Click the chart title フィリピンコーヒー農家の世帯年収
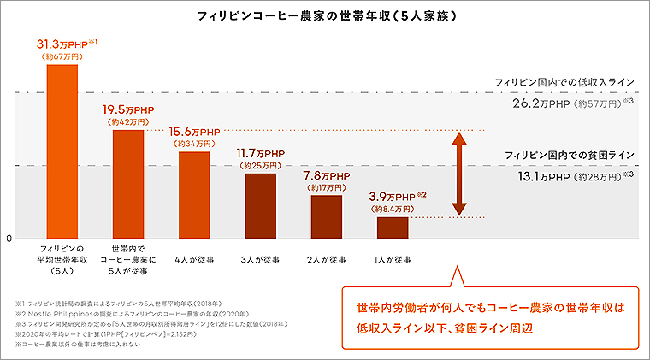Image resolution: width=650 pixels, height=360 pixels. (325, 15)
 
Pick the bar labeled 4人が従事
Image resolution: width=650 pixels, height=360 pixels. (194, 196)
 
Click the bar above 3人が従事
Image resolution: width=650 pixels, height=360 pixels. (260, 206)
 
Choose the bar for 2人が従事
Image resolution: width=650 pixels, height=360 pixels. (326, 217)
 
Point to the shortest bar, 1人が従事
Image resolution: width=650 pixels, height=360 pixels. (393, 227)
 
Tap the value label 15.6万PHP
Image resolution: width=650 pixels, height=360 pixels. (194, 132)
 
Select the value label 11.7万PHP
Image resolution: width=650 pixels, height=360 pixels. (260, 153)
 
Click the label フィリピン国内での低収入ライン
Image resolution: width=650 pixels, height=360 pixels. (564, 81)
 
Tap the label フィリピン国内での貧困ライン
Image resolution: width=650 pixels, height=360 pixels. (569, 155)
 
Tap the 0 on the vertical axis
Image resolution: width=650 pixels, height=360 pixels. (10, 238)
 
